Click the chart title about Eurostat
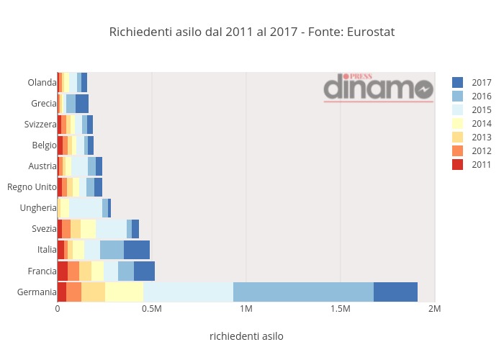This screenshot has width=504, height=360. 251,32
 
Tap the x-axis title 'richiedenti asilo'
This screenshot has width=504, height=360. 246,336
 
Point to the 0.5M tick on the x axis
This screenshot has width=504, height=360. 152,309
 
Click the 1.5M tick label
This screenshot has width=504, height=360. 340,309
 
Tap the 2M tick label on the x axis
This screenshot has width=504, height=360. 434,309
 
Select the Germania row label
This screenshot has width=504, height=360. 37,292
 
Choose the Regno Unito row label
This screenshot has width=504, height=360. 32,187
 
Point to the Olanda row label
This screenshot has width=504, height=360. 42,83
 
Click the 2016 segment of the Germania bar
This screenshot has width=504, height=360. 303,292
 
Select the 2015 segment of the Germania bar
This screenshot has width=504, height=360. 188,292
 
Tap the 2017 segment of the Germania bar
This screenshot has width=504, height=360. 395,292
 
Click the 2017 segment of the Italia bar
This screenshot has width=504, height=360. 137,250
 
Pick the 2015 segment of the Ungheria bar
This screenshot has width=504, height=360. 86,208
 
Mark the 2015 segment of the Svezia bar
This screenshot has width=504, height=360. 111,229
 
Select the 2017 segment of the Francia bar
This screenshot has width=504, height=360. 144,271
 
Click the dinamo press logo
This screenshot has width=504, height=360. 378,87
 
